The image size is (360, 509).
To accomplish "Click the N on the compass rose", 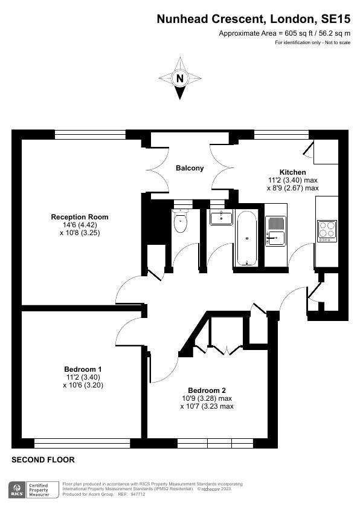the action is tap(180, 78).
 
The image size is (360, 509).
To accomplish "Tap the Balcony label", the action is tap(190, 168).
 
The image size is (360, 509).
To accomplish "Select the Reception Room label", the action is tap(80, 217).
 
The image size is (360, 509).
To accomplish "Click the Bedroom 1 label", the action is tap(83, 369).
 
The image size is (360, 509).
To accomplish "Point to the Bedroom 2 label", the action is tap(207, 390).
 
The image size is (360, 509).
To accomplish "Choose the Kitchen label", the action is tap(292, 172).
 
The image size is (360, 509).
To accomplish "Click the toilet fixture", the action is tap(181, 221).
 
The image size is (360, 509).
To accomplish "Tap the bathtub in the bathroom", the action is tap(247, 238).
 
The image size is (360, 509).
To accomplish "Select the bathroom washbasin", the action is tap(221, 218).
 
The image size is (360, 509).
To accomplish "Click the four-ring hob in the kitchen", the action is tap(327, 231).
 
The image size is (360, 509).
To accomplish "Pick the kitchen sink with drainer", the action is tap(275, 231).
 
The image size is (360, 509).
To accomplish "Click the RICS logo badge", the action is tap(16, 490).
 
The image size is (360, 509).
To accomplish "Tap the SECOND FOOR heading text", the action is tap(43, 459).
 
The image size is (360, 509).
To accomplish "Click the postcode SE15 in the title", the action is tap(336, 19).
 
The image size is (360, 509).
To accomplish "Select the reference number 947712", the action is tap(138, 494).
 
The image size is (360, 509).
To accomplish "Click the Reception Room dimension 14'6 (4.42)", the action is tap(80, 225).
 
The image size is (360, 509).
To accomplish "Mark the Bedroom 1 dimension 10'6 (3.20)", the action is tap(83, 385).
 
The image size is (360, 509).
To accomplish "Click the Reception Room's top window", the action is tap(90, 135).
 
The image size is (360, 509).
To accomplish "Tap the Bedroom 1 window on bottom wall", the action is tap(82, 444).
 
